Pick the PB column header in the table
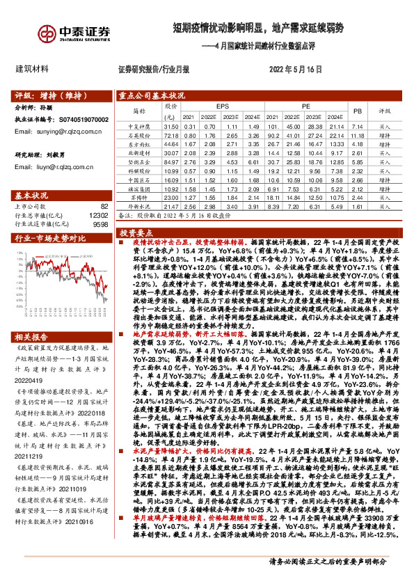[358, 110]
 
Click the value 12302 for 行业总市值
[99, 215]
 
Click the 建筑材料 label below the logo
[31, 69]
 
